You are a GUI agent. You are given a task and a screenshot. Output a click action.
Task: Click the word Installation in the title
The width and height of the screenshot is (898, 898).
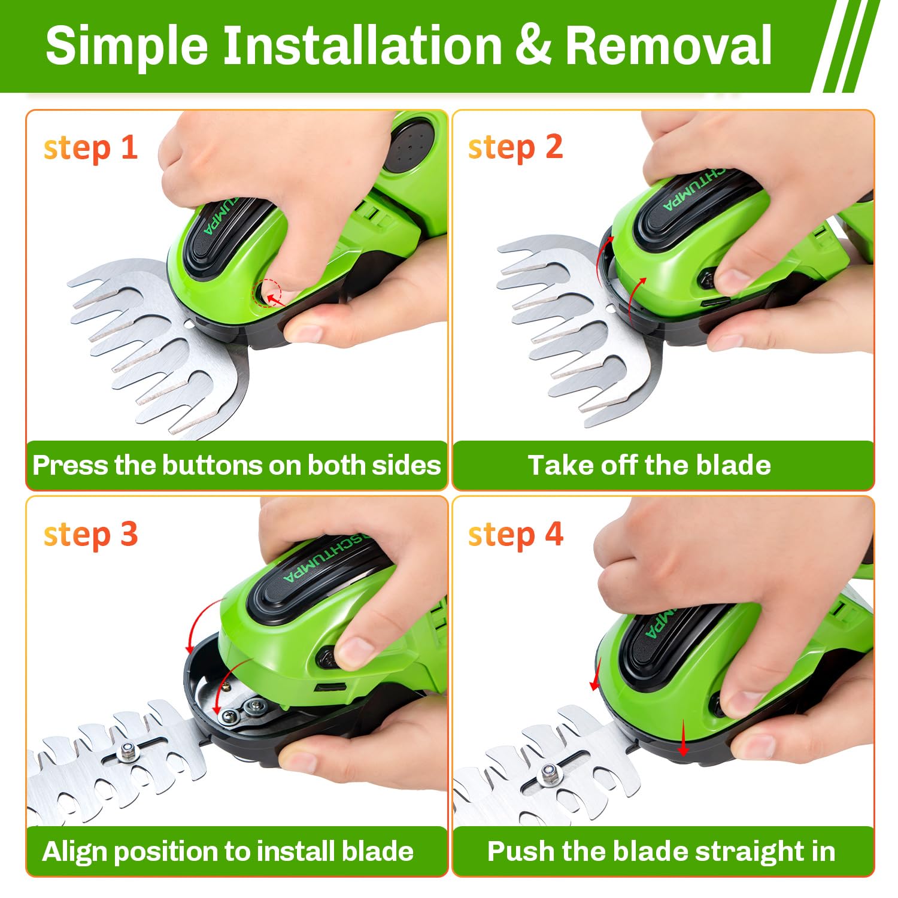pyautogui.click(x=362, y=46)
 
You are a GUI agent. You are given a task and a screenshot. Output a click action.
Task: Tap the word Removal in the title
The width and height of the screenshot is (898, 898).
pyautogui.click(x=668, y=46)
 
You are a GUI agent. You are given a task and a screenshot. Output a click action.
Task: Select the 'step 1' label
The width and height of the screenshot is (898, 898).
pyautogui.click(x=90, y=148)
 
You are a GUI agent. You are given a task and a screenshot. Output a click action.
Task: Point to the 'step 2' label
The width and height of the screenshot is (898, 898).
pyautogui.click(x=515, y=148)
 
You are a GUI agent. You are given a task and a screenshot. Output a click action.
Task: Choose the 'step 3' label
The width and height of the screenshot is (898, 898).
pyautogui.click(x=90, y=535)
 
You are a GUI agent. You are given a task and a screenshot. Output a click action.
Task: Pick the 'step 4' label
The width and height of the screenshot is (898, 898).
pyautogui.click(x=515, y=535)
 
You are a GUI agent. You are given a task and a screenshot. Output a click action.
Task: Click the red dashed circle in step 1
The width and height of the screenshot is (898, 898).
pyautogui.click(x=268, y=293)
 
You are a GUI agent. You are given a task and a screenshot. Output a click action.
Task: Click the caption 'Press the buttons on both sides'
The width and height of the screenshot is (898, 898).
pyautogui.click(x=236, y=465)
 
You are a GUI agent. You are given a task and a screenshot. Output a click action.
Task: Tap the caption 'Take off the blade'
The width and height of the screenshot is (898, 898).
pyautogui.click(x=649, y=465)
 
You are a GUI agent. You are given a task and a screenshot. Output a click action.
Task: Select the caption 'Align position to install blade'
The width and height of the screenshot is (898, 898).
pyautogui.click(x=227, y=851)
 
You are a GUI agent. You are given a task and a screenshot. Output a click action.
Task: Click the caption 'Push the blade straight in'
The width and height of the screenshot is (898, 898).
pyautogui.click(x=661, y=851)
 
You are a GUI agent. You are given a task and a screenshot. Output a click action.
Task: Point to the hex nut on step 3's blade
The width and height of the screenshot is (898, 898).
pyautogui.click(x=127, y=750)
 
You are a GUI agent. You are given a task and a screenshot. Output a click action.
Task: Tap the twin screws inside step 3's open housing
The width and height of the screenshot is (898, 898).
pyautogui.click(x=242, y=711)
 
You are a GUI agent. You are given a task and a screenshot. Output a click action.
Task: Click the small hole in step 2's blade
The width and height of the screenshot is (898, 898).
pyautogui.click(x=609, y=309)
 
